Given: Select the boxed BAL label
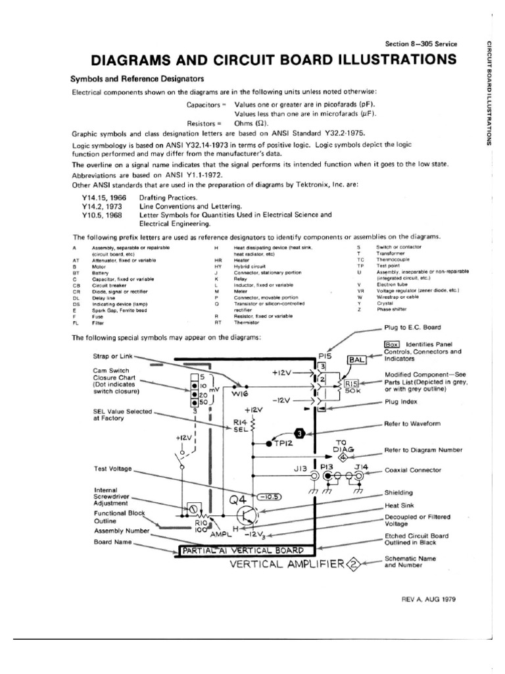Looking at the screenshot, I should (356, 360).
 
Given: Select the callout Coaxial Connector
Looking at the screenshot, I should (413, 471).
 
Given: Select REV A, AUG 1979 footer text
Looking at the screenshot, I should (427, 600).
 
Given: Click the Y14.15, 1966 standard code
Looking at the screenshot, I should (107, 197).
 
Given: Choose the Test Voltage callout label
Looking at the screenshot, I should (114, 469).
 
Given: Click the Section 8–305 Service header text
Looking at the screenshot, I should (421, 44).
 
